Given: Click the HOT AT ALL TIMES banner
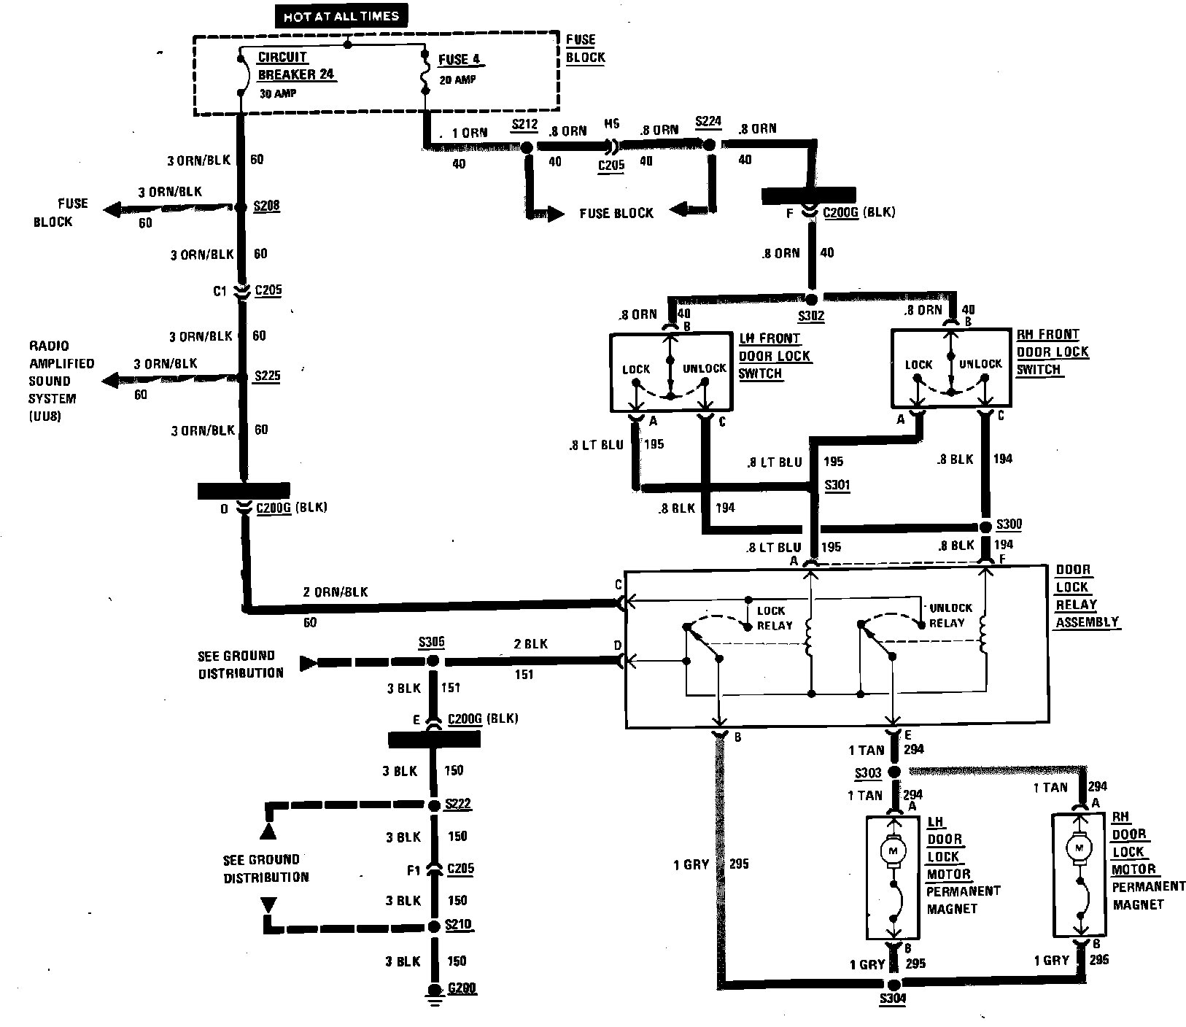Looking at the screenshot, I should click(342, 16).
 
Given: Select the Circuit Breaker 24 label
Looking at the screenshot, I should click(295, 66).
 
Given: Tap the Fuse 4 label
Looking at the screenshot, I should click(460, 60).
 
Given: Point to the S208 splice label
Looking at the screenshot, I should click(266, 206).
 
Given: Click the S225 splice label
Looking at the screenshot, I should click(267, 376).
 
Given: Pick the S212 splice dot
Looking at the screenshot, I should click(526, 147).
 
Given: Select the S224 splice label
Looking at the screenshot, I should click(708, 122).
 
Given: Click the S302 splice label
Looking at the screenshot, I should click(813, 317).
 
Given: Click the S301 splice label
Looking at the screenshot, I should click(837, 485).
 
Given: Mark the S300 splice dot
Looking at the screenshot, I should click(985, 527).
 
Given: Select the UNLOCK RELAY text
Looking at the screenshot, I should click(950, 615).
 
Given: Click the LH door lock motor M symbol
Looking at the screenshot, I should click(893, 849).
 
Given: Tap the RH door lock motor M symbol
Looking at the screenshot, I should click(1078, 847).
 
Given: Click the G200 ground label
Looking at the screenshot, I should click(462, 989).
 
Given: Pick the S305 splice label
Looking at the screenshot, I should click(431, 643).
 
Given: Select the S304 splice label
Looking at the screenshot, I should click(892, 1000).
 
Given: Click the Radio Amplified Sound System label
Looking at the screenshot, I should click(61, 381).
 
